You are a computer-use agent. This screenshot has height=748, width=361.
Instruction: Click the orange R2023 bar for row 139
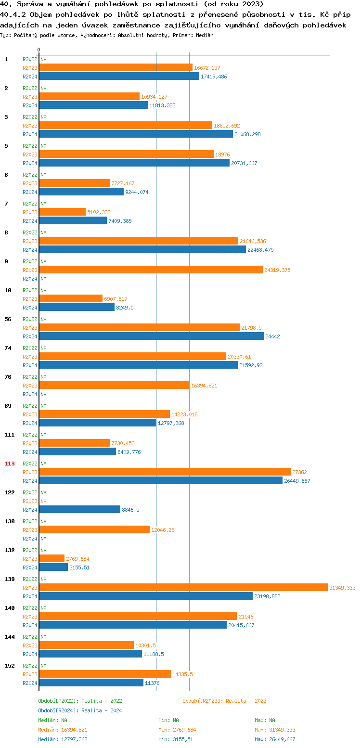coord(183,587)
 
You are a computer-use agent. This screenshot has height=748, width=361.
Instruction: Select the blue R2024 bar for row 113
coord(160,480)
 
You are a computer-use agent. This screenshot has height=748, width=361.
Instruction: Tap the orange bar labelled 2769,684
coord(52,558)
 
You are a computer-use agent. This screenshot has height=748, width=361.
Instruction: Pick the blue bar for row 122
coord(79,509)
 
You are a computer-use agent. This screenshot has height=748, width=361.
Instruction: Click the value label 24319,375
coord(277,270)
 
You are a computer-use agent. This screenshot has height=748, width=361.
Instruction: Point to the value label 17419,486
coord(214,77)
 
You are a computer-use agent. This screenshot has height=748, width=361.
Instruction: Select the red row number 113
coord(9,464)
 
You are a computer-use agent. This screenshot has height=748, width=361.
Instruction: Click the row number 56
coord(8,319)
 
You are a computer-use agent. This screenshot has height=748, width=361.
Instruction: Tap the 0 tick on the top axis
coord(39,50)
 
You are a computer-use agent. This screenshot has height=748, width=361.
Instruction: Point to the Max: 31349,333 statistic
coord(275,730)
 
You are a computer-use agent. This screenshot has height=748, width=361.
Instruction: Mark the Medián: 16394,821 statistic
coord(63,730)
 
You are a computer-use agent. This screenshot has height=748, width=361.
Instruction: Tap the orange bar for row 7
coord(62,212)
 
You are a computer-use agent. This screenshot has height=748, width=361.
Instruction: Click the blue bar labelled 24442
coord(151,336)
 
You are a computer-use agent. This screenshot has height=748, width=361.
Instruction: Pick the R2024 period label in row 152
coord(30,683)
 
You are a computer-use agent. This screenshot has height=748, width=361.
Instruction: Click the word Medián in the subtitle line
coord(205,35)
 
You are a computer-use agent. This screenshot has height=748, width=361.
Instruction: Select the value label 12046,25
coord(163,530)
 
